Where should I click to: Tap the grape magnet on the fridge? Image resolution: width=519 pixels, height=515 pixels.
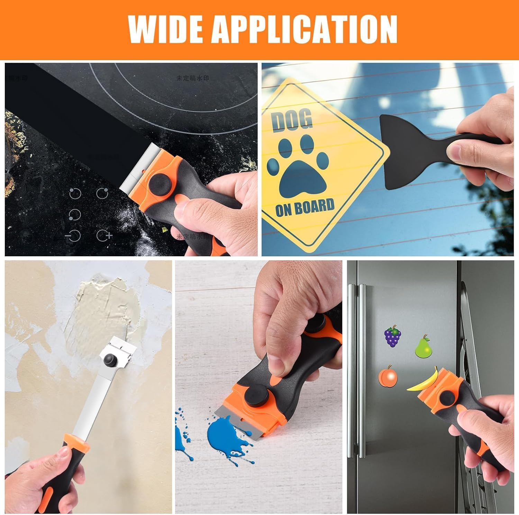click(392, 336)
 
